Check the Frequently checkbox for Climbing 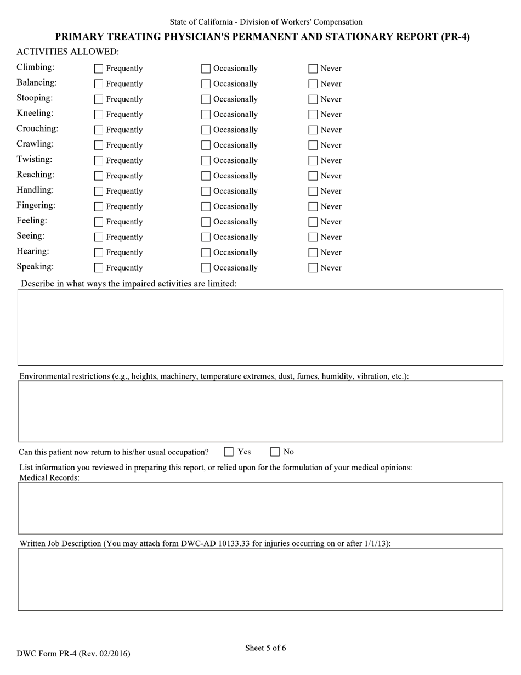coord(99,69)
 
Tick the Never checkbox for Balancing coord(313,84)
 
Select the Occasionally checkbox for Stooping coord(206,99)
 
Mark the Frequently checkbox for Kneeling coord(99,115)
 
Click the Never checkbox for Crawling coord(313,145)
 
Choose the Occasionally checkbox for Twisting coord(206,161)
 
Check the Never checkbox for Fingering coord(313,207)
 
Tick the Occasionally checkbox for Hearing coord(206,253)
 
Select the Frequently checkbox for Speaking coord(99,268)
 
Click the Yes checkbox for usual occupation coord(229,452)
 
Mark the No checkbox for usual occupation coord(275,452)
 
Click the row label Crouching coord(37,129)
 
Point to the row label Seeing coord(31,237)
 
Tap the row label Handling coord(35,190)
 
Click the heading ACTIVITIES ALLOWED coord(67,52)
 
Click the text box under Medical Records coord(260,508)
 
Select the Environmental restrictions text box coord(260,412)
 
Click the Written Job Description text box coord(260,579)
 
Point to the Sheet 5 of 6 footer coord(265,648)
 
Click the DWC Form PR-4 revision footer coord(73,654)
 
